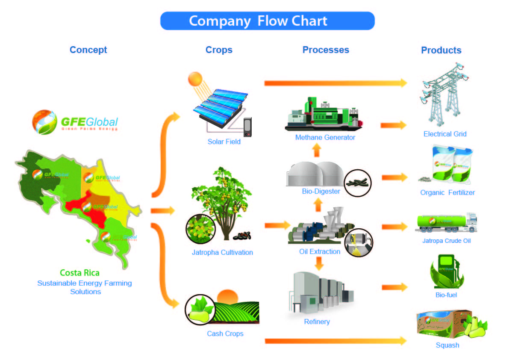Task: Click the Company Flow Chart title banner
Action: click(267, 21)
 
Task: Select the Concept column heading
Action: click(88, 50)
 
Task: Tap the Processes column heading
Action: click(326, 50)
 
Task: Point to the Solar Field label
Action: click(224, 142)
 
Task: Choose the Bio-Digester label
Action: click(321, 191)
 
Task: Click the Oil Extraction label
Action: click(320, 251)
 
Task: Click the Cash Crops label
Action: click(225, 333)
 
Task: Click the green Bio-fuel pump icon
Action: click(446, 271)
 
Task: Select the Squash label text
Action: click(447, 345)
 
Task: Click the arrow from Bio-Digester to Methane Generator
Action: click(316, 150)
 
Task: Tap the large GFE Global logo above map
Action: click(75, 122)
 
